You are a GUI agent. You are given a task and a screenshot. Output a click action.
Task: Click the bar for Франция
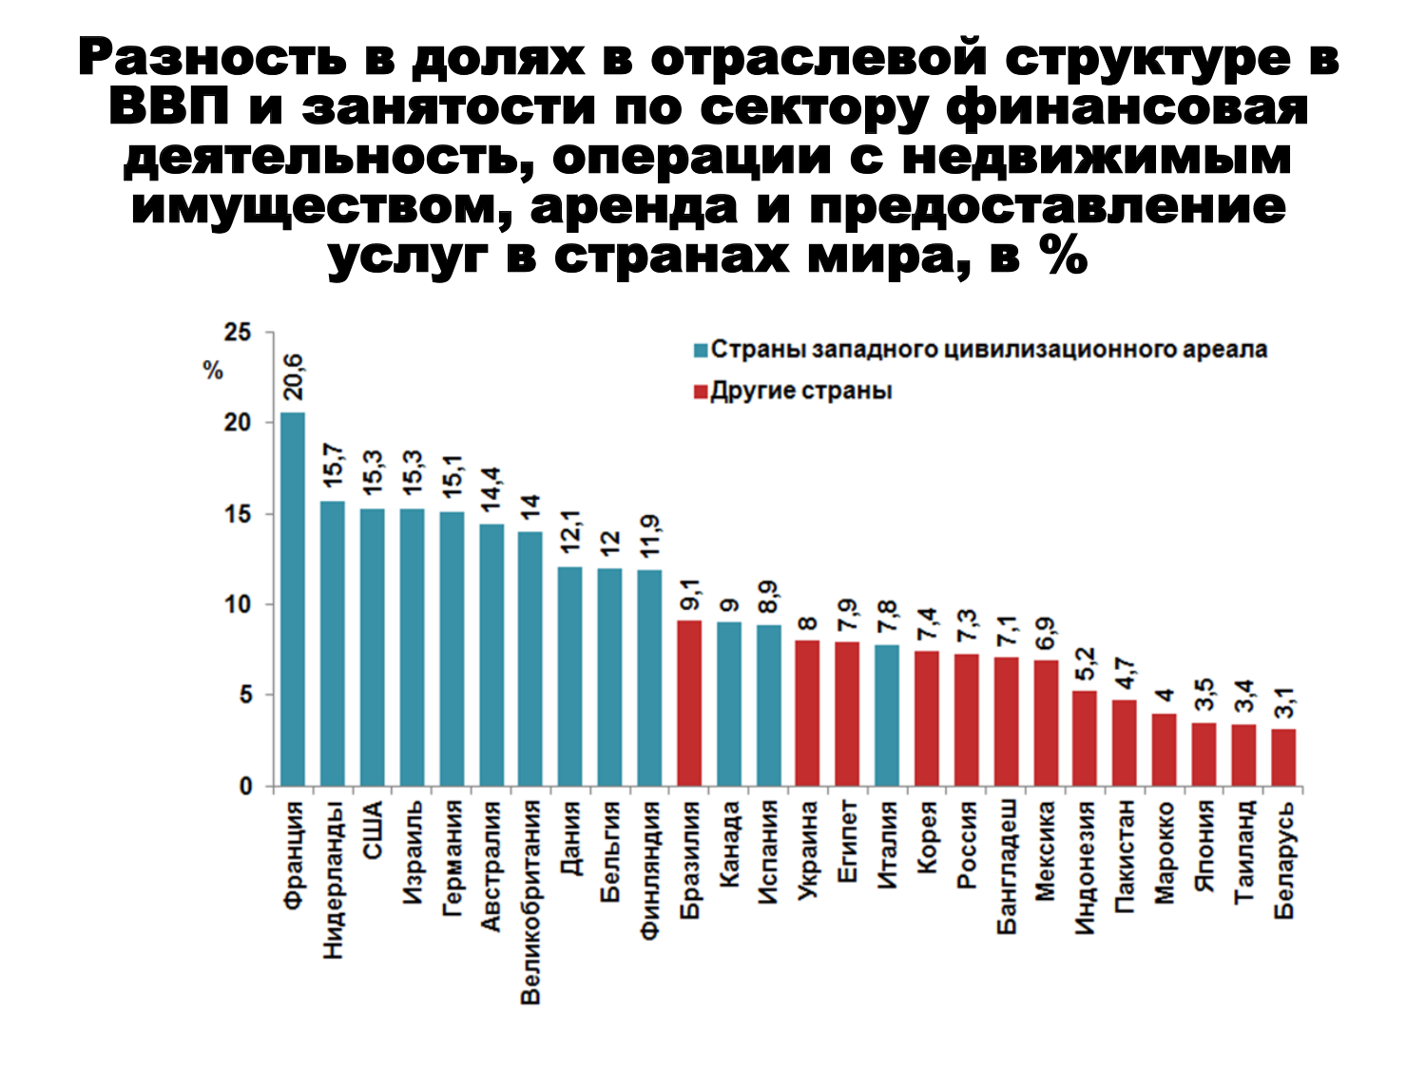click(293, 599)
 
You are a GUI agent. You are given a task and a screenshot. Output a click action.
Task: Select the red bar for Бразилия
click(689, 703)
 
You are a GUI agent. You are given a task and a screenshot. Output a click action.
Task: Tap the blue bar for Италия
click(887, 716)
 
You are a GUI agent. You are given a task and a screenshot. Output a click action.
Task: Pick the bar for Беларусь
click(1283, 757)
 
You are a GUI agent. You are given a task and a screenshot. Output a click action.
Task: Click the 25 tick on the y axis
click(238, 333)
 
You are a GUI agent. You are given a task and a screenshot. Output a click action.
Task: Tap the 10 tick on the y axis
click(238, 604)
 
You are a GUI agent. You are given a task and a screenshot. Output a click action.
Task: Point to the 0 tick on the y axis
click(245, 787)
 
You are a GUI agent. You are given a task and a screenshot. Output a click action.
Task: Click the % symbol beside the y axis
click(213, 372)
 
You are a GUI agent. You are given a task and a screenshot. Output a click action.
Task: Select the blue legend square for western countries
click(702, 351)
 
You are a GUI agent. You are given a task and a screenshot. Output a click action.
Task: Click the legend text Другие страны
click(801, 391)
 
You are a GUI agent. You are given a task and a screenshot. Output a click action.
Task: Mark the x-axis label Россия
click(966, 845)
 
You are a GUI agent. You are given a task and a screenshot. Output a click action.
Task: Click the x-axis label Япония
click(1204, 846)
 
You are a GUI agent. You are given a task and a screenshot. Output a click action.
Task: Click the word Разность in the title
click(212, 59)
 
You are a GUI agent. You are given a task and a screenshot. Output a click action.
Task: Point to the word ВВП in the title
click(169, 108)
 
